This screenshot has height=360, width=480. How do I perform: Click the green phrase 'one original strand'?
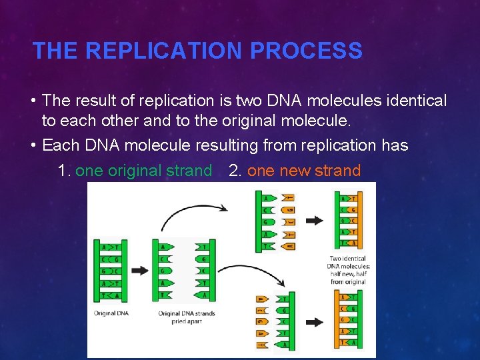[143, 171]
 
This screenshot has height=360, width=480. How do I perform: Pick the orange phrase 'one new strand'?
[303, 171]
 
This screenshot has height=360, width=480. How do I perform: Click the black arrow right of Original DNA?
[140, 271]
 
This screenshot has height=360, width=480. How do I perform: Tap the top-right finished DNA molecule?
[347, 220]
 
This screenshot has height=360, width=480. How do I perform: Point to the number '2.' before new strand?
[235, 171]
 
